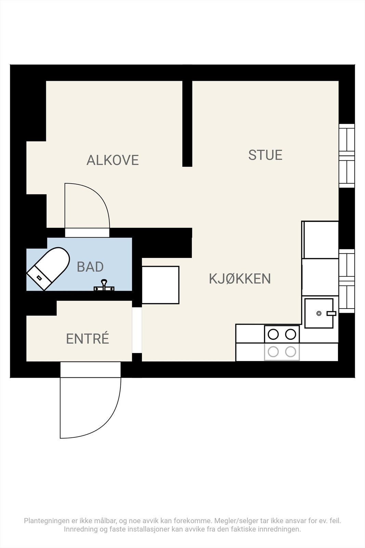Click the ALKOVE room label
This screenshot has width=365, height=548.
[113, 160]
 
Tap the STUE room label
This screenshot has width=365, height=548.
[265, 155]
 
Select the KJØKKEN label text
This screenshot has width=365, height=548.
[240, 279]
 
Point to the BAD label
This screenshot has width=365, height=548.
[90, 267]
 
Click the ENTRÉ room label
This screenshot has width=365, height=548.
[88, 339]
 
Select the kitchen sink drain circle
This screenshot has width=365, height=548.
[319, 313]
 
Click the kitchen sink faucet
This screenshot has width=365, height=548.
[331, 313]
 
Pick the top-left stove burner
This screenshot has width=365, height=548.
[273, 334]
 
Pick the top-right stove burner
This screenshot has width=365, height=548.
[290, 334]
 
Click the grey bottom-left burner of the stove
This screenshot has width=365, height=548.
[273, 351]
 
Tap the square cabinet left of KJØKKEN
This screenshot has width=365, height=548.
[160, 285]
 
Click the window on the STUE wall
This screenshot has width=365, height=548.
[347, 156]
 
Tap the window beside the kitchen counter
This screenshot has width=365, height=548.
[347, 281]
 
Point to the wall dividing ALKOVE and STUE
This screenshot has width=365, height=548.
[187, 123]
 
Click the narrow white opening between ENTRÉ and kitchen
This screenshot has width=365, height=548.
[137, 330]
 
